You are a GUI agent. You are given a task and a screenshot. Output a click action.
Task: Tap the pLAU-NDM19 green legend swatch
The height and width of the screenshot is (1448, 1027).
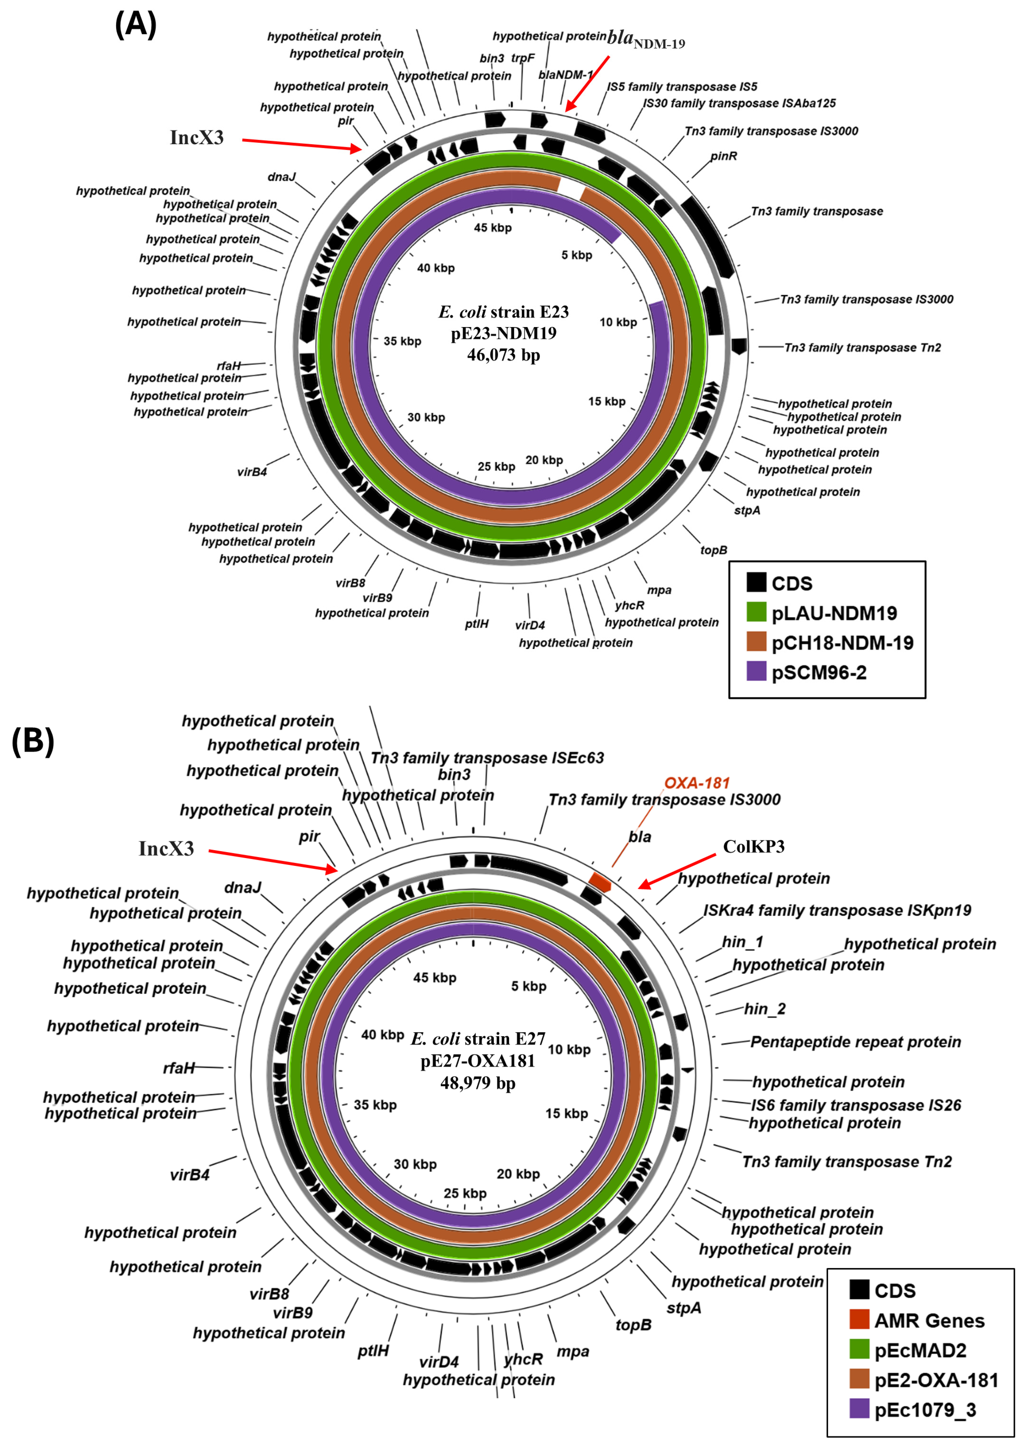point(756,612)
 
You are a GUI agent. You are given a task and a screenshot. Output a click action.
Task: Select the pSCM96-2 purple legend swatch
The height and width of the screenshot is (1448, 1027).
point(756,672)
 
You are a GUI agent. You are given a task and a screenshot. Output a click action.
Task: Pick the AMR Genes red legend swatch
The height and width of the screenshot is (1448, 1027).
point(859,1320)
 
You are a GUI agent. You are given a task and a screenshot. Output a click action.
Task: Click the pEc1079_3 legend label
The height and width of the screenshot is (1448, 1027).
point(925,1410)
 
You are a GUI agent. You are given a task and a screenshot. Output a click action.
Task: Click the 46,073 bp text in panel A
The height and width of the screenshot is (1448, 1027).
point(504,355)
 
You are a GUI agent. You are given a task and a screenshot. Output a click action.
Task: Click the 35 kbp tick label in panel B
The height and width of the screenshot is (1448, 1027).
point(375,1105)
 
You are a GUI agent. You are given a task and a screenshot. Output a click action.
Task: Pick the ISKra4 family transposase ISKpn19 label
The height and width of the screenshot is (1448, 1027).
point(836,911)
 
